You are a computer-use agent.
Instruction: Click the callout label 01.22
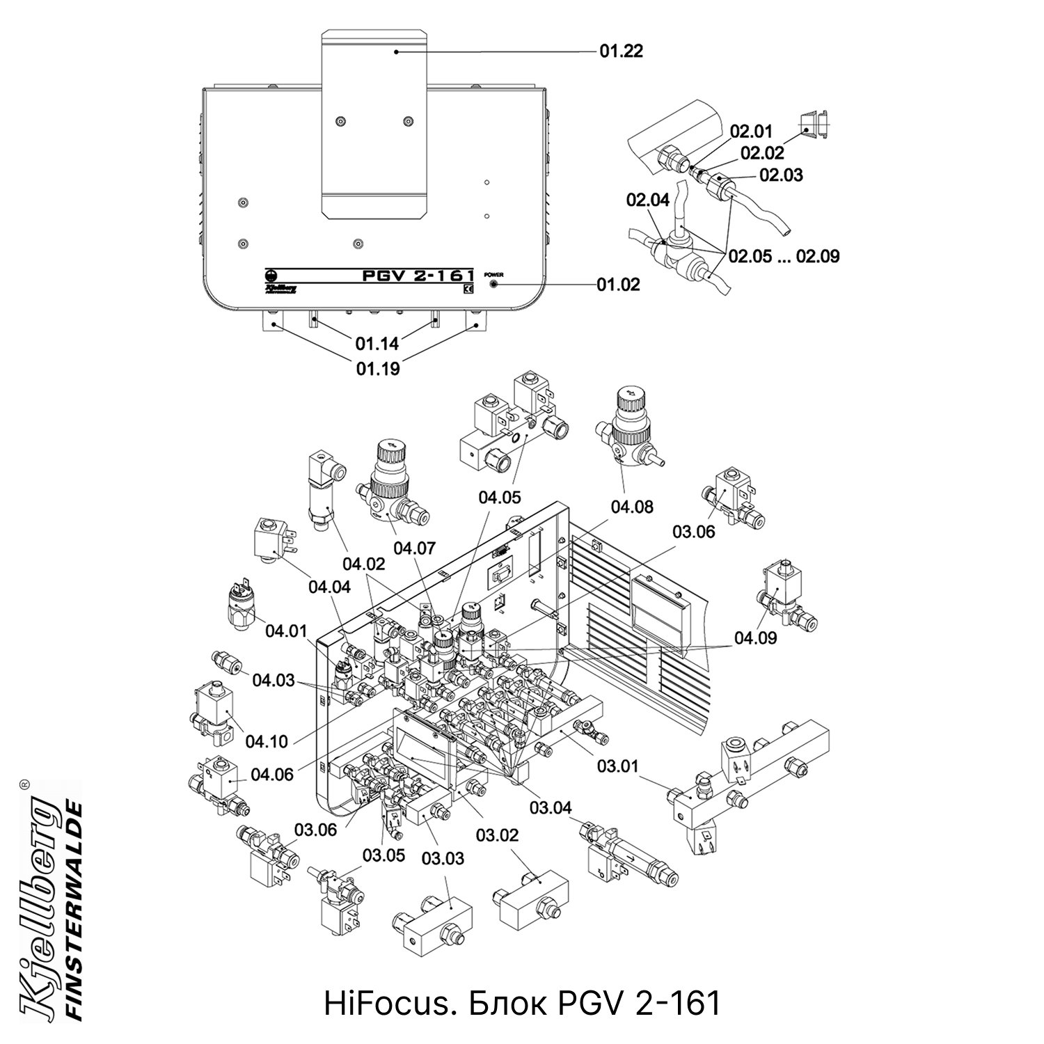621,51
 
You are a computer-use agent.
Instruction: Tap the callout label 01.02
618,285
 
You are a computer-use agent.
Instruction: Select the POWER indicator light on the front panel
494,285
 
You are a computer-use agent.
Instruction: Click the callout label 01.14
377,343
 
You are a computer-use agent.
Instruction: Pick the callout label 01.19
378,369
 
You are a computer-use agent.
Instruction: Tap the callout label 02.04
647,200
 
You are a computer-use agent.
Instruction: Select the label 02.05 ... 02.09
784,256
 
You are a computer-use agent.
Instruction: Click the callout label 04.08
632,507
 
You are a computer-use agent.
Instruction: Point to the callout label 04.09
755,638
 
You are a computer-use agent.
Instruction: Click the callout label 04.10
266,741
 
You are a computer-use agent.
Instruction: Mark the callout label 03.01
617,766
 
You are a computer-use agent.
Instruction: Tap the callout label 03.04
551,807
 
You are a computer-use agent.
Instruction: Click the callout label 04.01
285,631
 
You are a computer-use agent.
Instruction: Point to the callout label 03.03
443,858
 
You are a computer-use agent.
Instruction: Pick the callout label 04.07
414,548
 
